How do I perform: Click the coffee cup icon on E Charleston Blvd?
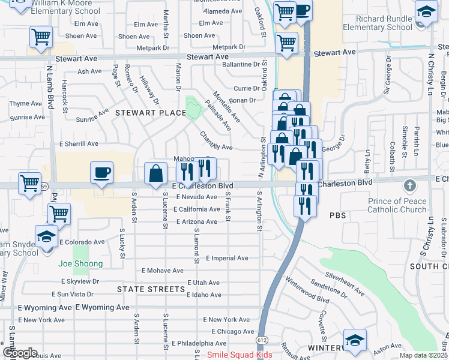coord(101,173)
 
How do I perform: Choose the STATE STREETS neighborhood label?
coord(151,289)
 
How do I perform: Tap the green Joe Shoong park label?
coord(80,263)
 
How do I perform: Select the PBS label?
coord(338,215)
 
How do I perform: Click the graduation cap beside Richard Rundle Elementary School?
coord(426,11)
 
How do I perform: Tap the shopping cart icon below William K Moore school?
coord(41,37)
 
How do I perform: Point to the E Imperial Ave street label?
coord(227,258)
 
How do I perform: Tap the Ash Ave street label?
coord(90,71)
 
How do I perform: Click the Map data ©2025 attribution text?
coord(423,355)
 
